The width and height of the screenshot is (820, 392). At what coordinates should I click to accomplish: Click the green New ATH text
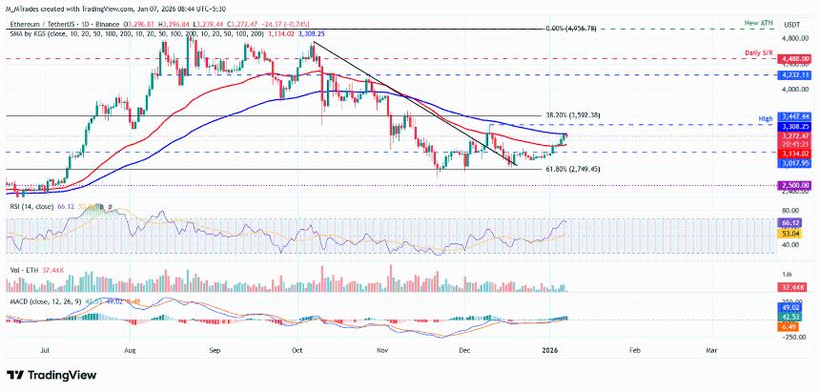760,21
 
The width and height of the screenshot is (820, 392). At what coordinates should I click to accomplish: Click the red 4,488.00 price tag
793,58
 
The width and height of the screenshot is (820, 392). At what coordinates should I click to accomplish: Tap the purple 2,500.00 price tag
793,185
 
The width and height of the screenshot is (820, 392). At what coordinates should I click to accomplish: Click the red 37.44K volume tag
793,285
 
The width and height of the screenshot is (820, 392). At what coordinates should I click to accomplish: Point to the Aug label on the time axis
130,349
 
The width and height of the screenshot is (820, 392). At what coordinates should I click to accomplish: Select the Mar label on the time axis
710,349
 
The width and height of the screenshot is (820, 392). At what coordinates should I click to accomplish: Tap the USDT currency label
790,25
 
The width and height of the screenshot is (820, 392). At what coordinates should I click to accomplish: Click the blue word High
765,118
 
